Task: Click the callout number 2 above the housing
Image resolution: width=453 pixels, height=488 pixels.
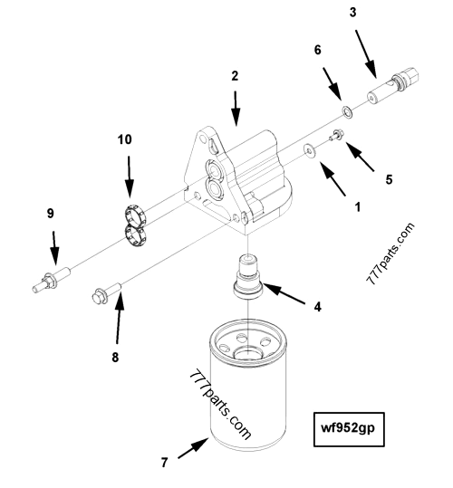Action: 235,76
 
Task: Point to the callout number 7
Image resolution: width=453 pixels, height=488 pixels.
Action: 164,463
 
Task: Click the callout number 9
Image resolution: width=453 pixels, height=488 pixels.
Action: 51,214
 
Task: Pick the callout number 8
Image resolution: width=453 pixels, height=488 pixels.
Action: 115,357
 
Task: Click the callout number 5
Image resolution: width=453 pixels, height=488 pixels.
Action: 388,178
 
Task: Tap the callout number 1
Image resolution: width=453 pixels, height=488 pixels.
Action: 357,206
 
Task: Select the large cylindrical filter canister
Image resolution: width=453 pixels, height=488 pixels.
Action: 246,398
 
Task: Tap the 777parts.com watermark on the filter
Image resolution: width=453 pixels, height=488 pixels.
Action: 221,404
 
